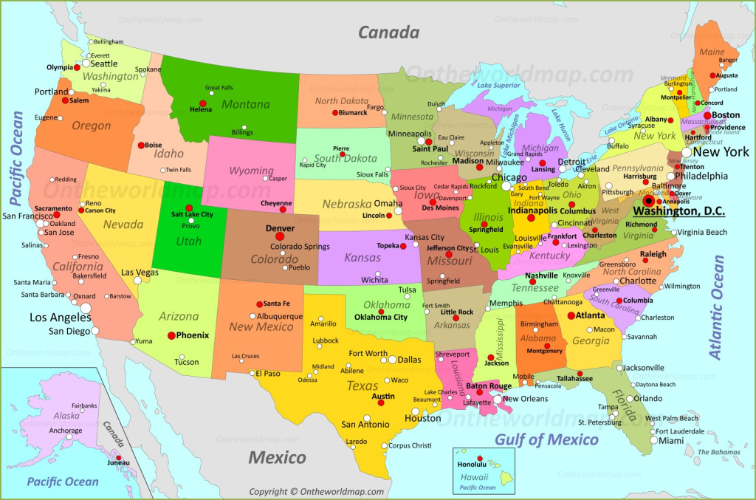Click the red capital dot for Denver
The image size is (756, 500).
(x=280, y=236)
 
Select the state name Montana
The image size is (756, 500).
(x=246, y=105)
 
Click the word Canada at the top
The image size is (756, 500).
(x=388, y=32)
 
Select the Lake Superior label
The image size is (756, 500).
(x=499, y=85)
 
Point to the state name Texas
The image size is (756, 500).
(x=362, y=386)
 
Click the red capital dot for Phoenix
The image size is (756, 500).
(x=171, y=335)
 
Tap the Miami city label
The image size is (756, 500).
(x=671, y=441)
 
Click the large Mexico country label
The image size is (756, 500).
(x=277, y=458)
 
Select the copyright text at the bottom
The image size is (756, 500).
(x=317, y=492)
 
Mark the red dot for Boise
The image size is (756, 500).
(x=139, y=145)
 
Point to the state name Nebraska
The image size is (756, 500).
(x=346, y=204)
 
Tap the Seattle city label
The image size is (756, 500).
(x=104, y=64)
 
